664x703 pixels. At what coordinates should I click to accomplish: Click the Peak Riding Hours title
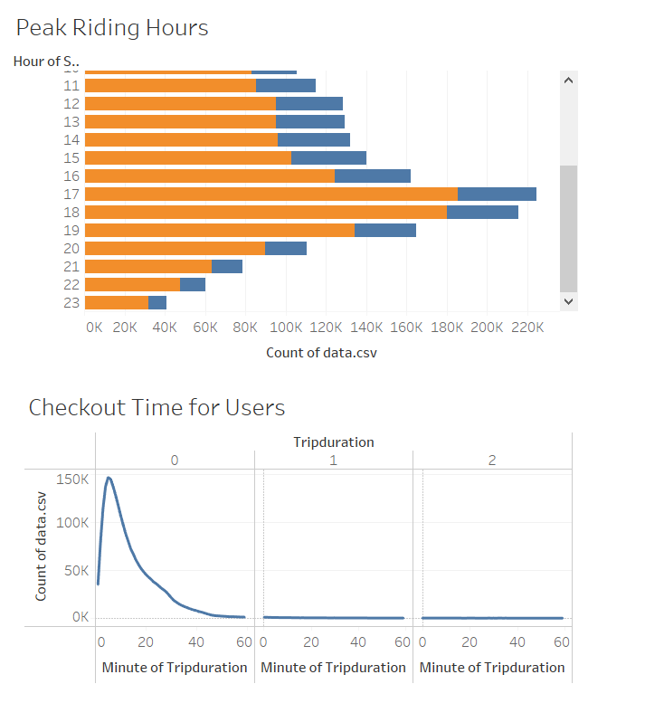tap(112, 28)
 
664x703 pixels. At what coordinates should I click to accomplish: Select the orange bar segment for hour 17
tap(270, 194)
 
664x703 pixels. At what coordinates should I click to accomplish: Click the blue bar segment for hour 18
tap(482, 212)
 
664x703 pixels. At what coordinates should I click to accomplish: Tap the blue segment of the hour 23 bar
tap(157, 302)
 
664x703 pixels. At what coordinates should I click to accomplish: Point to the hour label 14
tap(71, 139)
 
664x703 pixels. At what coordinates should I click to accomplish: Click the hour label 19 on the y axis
tap(71, 230)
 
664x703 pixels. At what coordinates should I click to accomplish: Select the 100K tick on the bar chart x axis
tap(286, 328)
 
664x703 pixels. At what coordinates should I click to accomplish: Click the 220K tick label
tap(527, 328)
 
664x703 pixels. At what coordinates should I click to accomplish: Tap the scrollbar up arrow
tap(568, 81)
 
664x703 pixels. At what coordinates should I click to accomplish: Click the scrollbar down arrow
tap(568, 300)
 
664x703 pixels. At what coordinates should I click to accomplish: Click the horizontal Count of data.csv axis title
tap(321, 352)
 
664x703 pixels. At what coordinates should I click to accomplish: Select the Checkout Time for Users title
tap(157, 407)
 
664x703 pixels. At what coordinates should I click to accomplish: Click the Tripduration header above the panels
tap(333, 442)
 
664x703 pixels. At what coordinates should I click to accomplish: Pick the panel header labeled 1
tap(333, 461)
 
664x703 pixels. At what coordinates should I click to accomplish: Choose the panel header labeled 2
tap(492, 461)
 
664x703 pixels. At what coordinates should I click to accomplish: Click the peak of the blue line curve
tap(109, 478)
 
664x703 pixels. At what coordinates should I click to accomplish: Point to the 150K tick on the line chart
tap(73, 478)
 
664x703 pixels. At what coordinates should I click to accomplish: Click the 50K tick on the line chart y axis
tap(77, 571)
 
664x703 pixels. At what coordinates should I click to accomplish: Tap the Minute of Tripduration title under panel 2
tap(492, 667)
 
